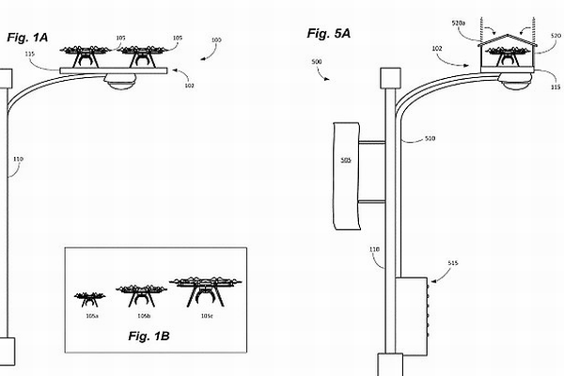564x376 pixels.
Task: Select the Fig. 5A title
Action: coord(329,34)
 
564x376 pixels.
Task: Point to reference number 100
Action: coord(216,40)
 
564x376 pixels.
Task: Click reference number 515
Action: coord(453,264)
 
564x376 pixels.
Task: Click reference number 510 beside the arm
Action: coord(429,138)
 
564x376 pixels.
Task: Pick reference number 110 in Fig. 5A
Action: coord(375,249)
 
